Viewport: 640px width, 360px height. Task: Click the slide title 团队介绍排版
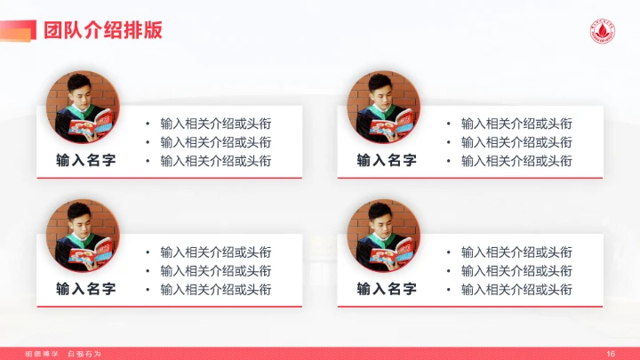click(102, 30)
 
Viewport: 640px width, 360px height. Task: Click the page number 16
click(611, 354)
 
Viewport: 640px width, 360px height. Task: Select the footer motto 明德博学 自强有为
click(63, 354)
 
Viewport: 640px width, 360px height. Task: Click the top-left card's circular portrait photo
click(83, 108)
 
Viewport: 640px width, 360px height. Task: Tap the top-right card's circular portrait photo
click(383, 108)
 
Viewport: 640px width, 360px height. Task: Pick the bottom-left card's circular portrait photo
click(83, 236)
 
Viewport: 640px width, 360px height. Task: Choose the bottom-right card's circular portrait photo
click(383, 236)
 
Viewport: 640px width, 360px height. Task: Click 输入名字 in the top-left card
click(85, 161)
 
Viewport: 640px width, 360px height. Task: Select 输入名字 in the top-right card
click(387, 161)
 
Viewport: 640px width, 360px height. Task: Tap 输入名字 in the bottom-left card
click(85, 289)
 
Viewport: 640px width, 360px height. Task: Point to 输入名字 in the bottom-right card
click(387, 289)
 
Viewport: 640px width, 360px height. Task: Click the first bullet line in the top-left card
click(215, 124)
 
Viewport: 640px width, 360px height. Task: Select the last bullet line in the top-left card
click(215, 161)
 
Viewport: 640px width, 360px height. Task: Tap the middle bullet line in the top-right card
click(516, 142)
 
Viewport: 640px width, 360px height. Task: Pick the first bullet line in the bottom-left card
click(215, 252)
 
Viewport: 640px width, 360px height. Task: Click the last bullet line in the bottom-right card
click(516, 290)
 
